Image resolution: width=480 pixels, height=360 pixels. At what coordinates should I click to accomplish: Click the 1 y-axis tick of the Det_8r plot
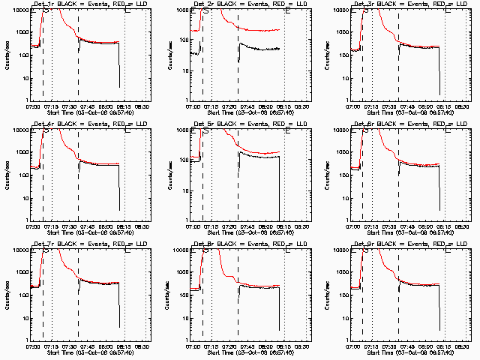point(186,340)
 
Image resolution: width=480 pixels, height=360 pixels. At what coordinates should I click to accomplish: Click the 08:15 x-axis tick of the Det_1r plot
point(123,107)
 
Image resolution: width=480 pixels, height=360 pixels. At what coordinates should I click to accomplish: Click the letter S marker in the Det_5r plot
point(205,132)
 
